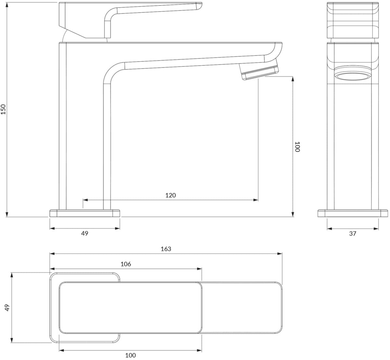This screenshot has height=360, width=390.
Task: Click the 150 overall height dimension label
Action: point(3,109)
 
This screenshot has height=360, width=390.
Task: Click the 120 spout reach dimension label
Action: point(170,195)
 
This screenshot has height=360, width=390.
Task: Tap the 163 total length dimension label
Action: point(166,249)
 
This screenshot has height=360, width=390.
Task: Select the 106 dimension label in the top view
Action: point(126,264)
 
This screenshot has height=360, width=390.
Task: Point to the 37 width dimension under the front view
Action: point(353,233)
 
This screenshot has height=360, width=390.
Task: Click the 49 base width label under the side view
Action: point(84,233)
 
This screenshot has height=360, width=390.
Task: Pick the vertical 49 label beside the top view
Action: point(7,308)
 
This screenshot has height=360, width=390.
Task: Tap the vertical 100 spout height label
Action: point(297,147)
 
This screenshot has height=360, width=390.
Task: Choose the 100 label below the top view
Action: point(131,355)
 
